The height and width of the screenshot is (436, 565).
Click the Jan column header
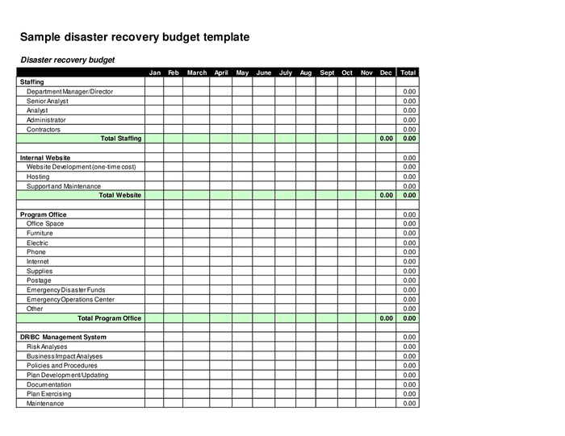(155, 73)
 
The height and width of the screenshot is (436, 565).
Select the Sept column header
(327, 73)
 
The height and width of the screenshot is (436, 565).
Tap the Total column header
(408, 73)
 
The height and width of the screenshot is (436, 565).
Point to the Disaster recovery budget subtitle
(68, 60)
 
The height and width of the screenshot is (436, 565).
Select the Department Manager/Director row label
(69, 92)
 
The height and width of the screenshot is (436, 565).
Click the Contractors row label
(44, 129)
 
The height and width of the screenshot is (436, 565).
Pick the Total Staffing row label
(121, 139)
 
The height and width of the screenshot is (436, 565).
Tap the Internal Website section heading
(45, 158)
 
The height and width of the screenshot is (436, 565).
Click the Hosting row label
(38, 176)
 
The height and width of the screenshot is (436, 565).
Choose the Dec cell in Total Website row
(386, 195)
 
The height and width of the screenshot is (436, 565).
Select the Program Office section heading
(44, 214)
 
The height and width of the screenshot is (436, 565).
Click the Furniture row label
(40, 233)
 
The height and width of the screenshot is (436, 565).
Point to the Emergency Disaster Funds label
(65, 289)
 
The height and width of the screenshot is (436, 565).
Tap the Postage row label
(39, 280)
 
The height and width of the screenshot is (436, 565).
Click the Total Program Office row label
(110, 318)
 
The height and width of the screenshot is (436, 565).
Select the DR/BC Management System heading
(63, 337)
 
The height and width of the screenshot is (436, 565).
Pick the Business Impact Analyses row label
(65, 356)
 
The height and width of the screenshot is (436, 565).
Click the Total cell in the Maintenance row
(408, 404)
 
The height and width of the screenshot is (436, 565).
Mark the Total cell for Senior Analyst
(408, 102)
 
